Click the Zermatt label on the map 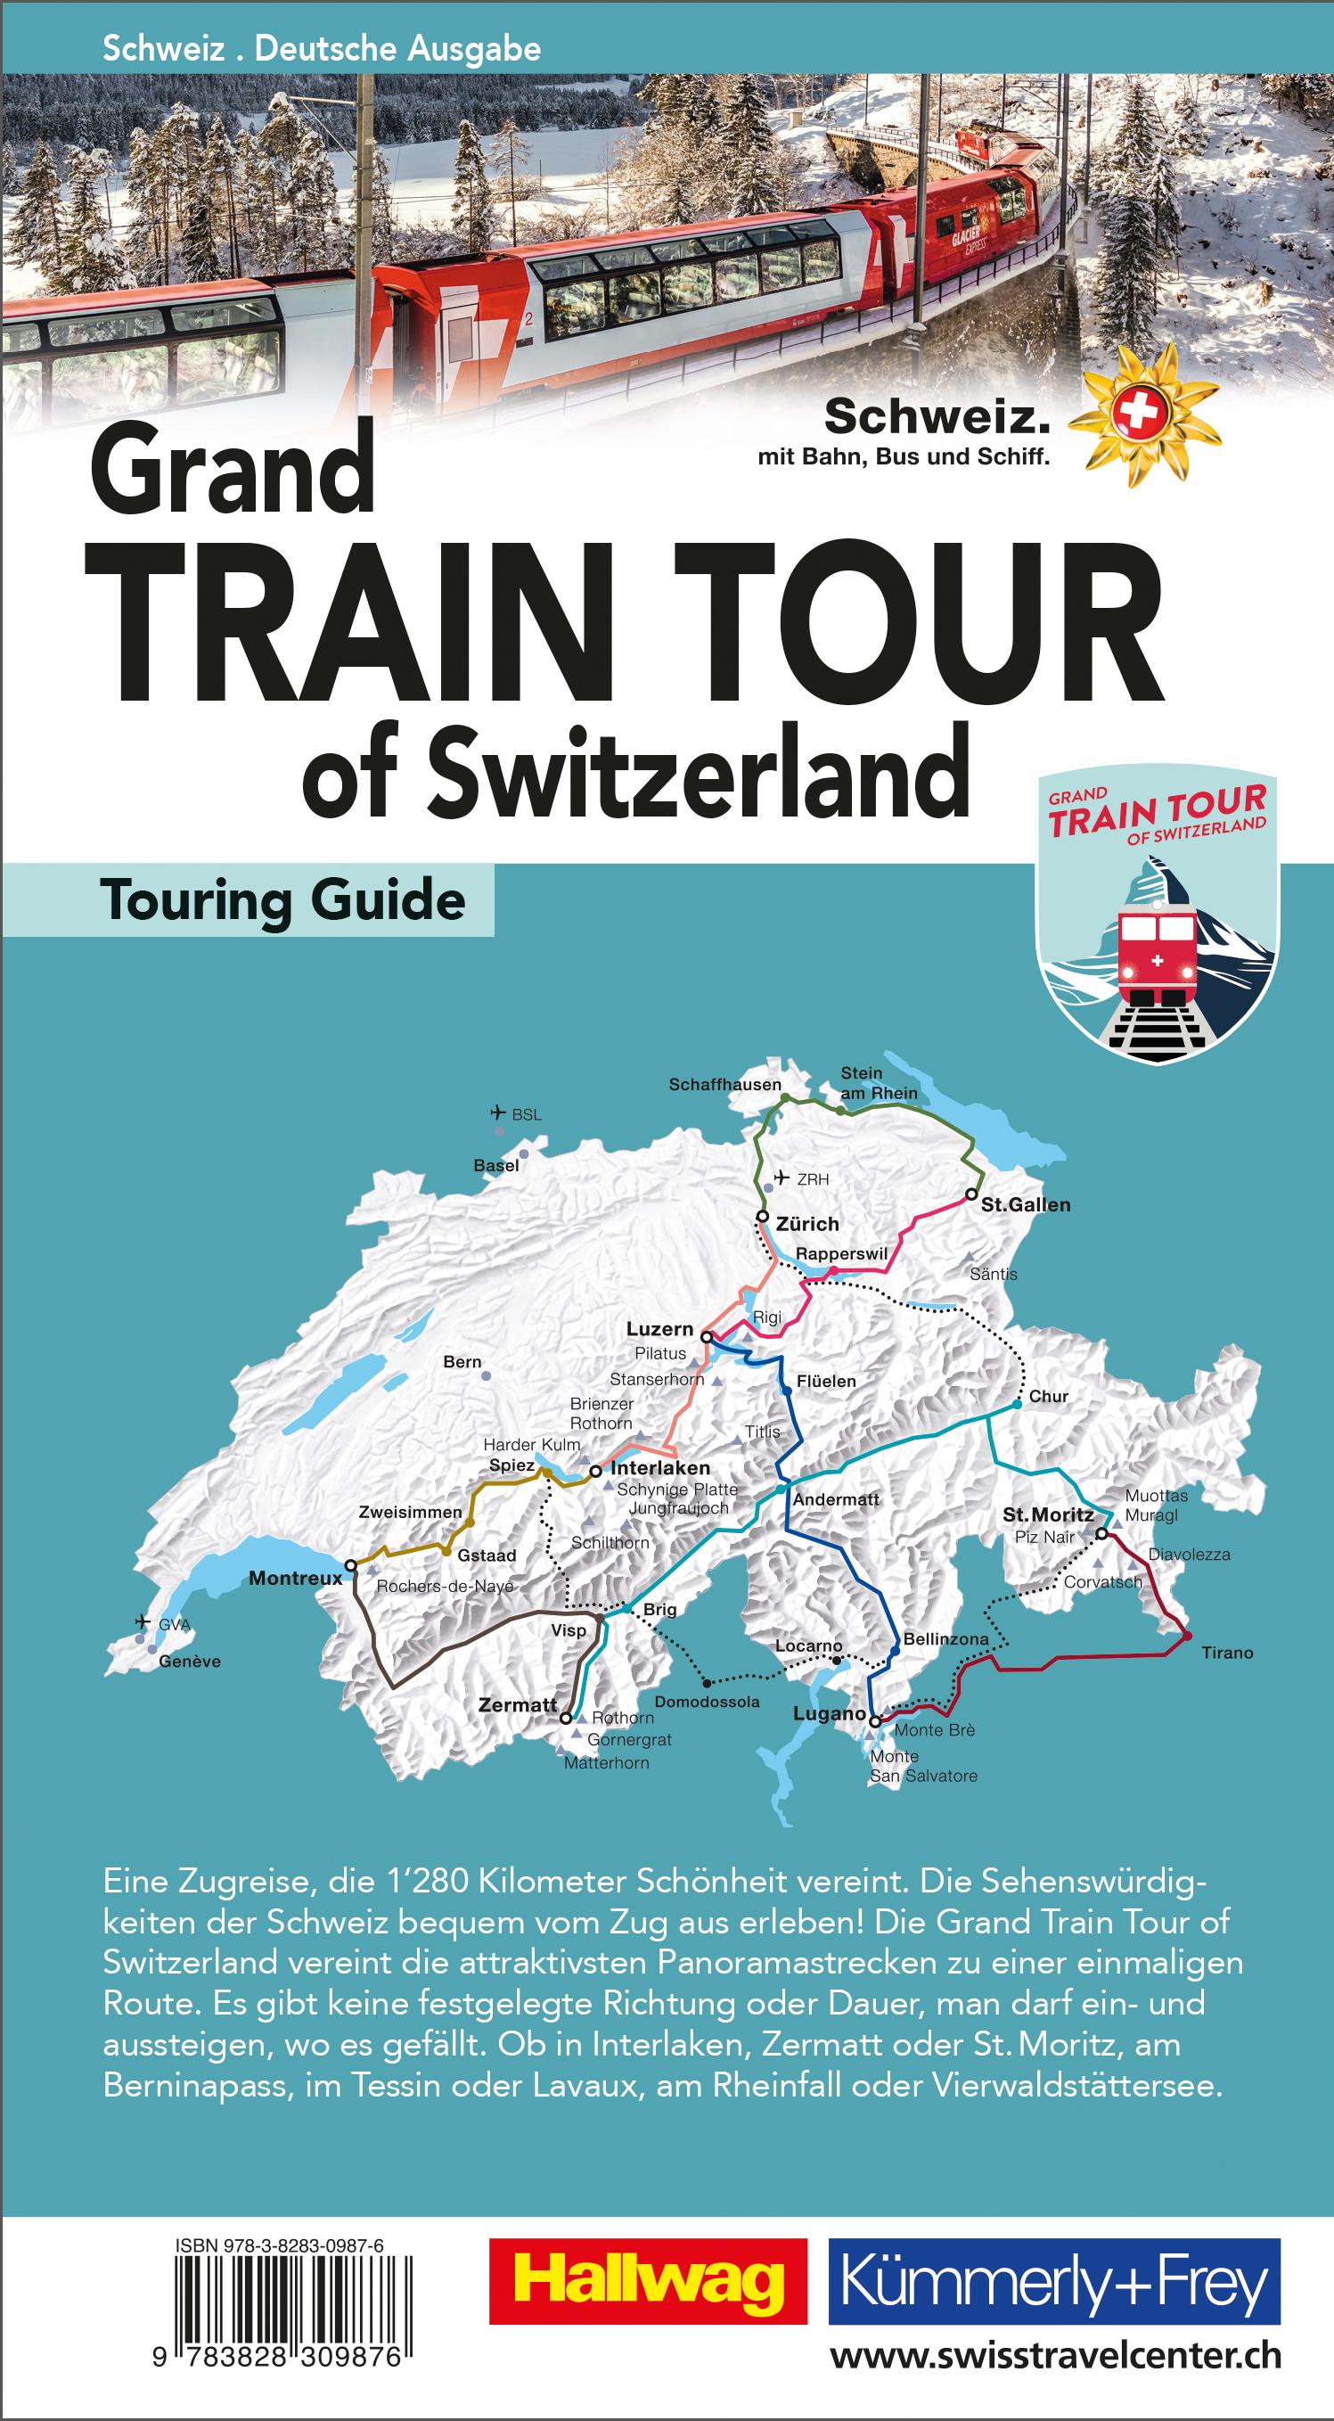[x=518, y=1704]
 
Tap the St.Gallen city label [x=1025, y=1205]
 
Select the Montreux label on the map [x=295, y=1578]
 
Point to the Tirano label [x=1227, y=1653]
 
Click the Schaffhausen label [x=724, y=1085]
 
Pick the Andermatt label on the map [x=835, y=1499]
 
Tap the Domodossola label [x=707, y=1701]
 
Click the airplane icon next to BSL [x=498, y=1112]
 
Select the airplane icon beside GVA [x=143, y=1621]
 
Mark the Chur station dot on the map [x=1018, y=1405]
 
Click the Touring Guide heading [x=282, y=900]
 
